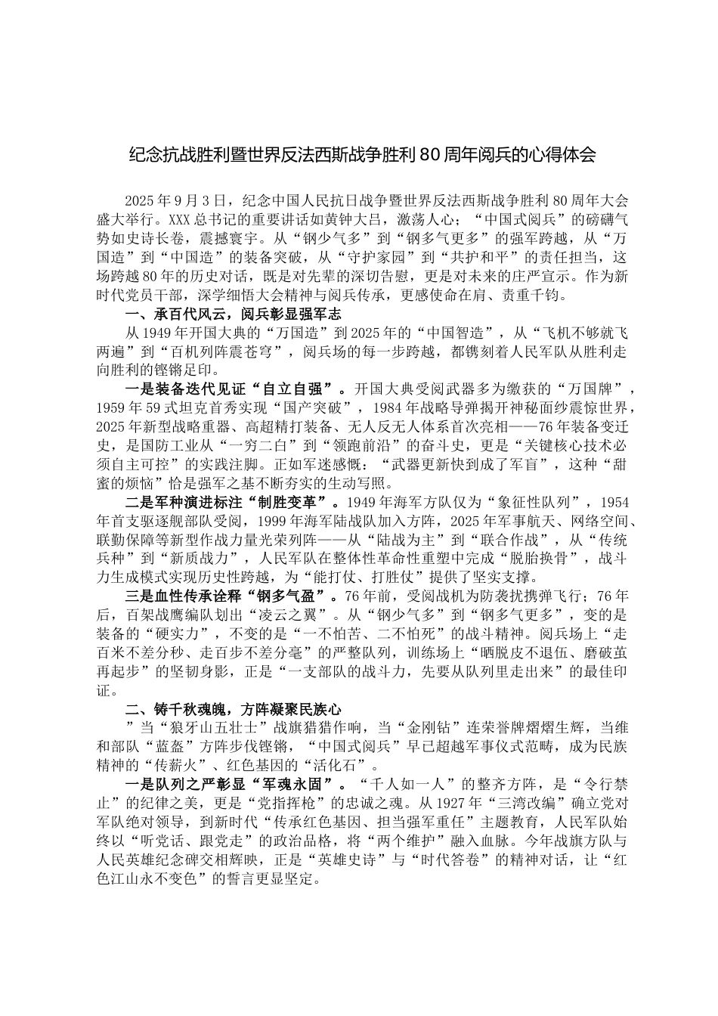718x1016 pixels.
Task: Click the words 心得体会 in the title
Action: pos(564,156)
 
